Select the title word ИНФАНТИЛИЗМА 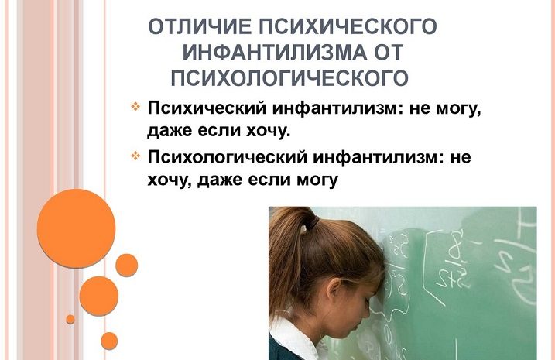point(275,53)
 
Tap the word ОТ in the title point(389,53)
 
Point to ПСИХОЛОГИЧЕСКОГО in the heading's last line point(289,78)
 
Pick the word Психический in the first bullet point(207,108)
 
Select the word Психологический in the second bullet point(227,157)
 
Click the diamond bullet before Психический point(135,106)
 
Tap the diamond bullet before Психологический point(135,155)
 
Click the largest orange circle point(76,228)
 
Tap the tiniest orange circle point(70,319)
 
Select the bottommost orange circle point(109,341)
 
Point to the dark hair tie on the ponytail point(311,223)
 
